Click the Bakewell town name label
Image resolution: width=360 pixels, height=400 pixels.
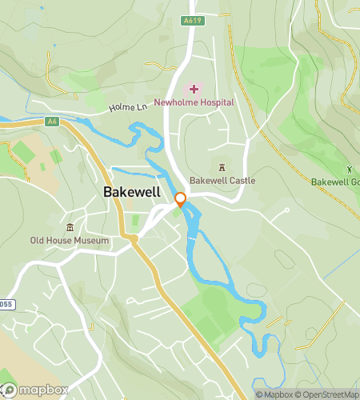pos(133,192)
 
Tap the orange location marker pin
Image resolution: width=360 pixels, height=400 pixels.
pos(181,199)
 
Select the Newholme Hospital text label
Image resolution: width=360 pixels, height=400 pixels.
pos(195,102)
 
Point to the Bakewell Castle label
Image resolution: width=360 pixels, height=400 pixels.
pos(222,181)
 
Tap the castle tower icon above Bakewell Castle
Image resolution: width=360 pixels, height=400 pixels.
pos(222,166)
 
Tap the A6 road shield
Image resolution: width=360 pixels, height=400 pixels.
pos(53,121)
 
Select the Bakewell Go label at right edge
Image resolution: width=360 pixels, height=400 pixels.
pos(335,182)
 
